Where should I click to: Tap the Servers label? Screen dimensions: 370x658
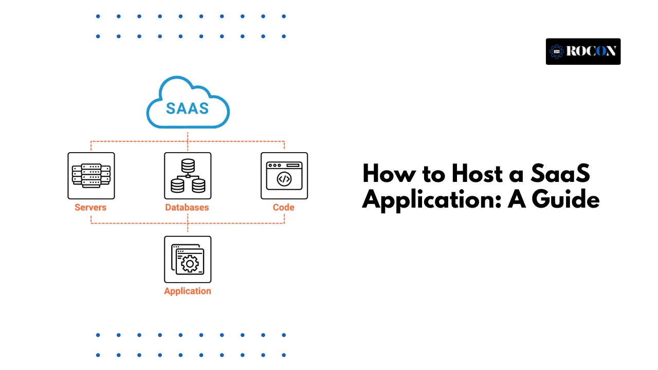[90, 208]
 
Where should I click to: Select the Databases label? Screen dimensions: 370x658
[187, 208]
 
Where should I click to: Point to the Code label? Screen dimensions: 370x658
[283, 208]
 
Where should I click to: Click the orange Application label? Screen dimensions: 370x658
[187, 291]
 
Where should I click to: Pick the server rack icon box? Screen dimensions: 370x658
[91, 176]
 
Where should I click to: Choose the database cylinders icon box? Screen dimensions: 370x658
[188, 176]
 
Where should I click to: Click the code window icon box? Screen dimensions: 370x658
[284, 176]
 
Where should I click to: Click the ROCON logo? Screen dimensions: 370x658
[583, 51]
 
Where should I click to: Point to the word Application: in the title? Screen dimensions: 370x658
[432, 200]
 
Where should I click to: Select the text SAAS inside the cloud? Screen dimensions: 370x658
[188, 108]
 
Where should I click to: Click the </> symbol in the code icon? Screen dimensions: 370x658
[284, 179]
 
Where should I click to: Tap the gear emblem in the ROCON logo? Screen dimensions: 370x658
[557, 51]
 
